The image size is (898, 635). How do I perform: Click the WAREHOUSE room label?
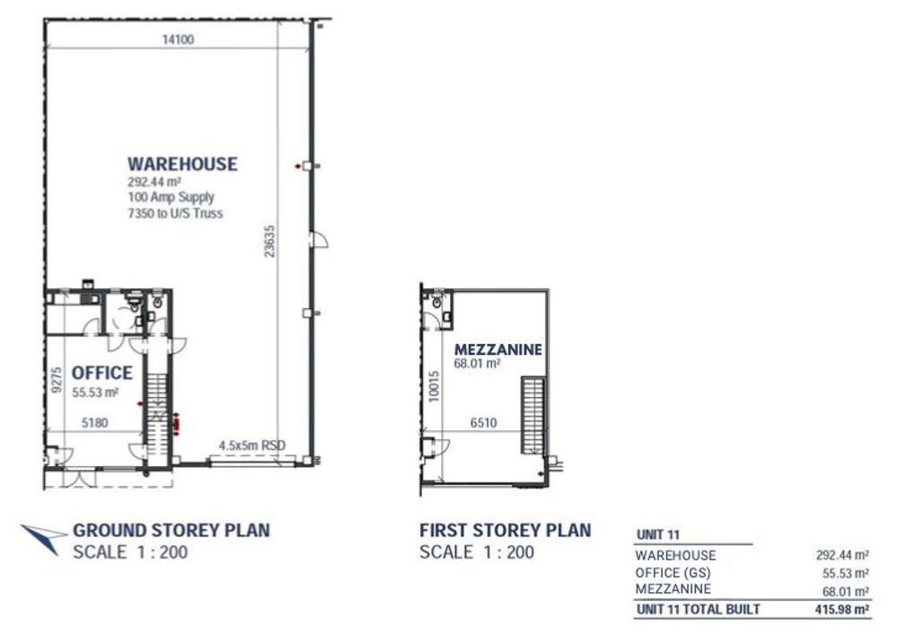182,163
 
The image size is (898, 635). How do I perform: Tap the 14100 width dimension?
178,40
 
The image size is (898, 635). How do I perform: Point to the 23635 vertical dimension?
269,241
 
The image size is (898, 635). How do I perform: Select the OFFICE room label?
102,374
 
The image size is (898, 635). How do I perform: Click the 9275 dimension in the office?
56,380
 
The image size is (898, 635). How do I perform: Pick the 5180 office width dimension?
95,423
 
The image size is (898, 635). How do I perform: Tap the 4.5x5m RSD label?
252,445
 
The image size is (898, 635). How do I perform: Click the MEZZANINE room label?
498,349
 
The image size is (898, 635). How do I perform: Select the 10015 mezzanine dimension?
434,386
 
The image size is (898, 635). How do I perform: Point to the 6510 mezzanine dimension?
483,423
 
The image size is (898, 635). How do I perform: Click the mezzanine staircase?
532,415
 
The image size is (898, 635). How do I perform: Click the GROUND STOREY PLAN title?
172,530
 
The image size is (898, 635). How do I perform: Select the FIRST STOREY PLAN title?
505,530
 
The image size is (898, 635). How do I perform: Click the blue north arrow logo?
43,538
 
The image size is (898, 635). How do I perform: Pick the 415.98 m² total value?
842,609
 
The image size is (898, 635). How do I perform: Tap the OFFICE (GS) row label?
673,573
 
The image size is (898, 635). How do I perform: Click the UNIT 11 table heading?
658,535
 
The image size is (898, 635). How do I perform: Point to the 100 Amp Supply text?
171,198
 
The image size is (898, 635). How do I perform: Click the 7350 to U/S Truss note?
175,214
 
